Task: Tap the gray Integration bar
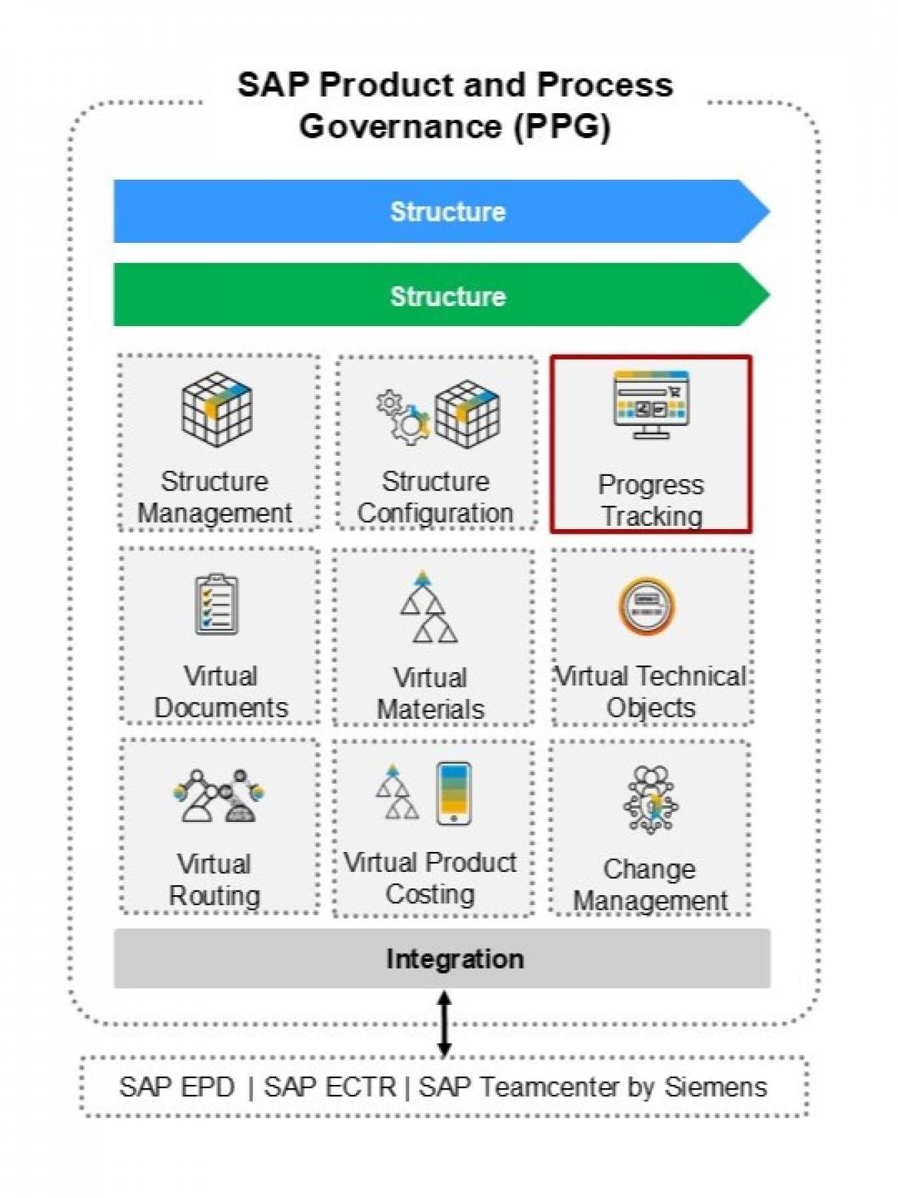[x=442, y=958]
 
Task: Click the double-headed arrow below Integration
[x=444, y=1023]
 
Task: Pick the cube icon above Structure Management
[x=217, y=408]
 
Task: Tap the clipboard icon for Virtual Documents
[x=216, y=604]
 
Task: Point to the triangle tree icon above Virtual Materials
[x=428, y=607]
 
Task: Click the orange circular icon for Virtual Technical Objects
[x=647, y=606]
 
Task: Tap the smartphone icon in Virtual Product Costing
[x=454, y=793]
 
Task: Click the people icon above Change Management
[x=651, y=799]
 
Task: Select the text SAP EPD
[x=177, y=1087]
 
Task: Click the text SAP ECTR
[x=330, y=1087]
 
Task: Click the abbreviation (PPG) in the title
[x=562, y=126]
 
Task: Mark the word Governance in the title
[x=400, y=126]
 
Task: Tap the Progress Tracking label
[x=651, y=500]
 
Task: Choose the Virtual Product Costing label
[x=430, y=878]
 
